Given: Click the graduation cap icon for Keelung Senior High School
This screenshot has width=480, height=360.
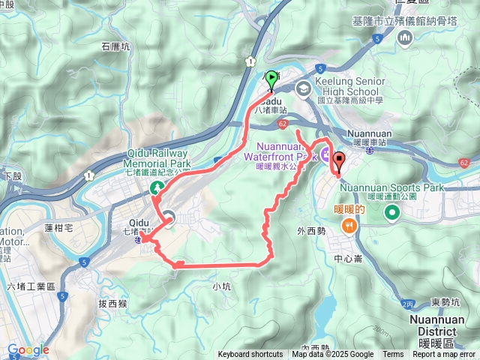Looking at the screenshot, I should [x=303, y=88].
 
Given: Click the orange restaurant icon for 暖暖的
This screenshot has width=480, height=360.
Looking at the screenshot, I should [x=349, y=225].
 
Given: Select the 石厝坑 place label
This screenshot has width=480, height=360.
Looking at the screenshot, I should [x=115, y=46].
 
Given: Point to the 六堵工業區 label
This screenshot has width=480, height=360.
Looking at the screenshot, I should [x=31, y=286].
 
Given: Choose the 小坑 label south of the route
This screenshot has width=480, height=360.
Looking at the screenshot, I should [x=221, y=286].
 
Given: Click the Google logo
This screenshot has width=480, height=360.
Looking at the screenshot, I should [x=28, y=349].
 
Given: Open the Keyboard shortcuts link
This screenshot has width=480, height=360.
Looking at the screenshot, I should [x=250, y=355].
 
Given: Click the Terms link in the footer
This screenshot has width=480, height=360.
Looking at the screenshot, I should [x=393, y=355].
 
